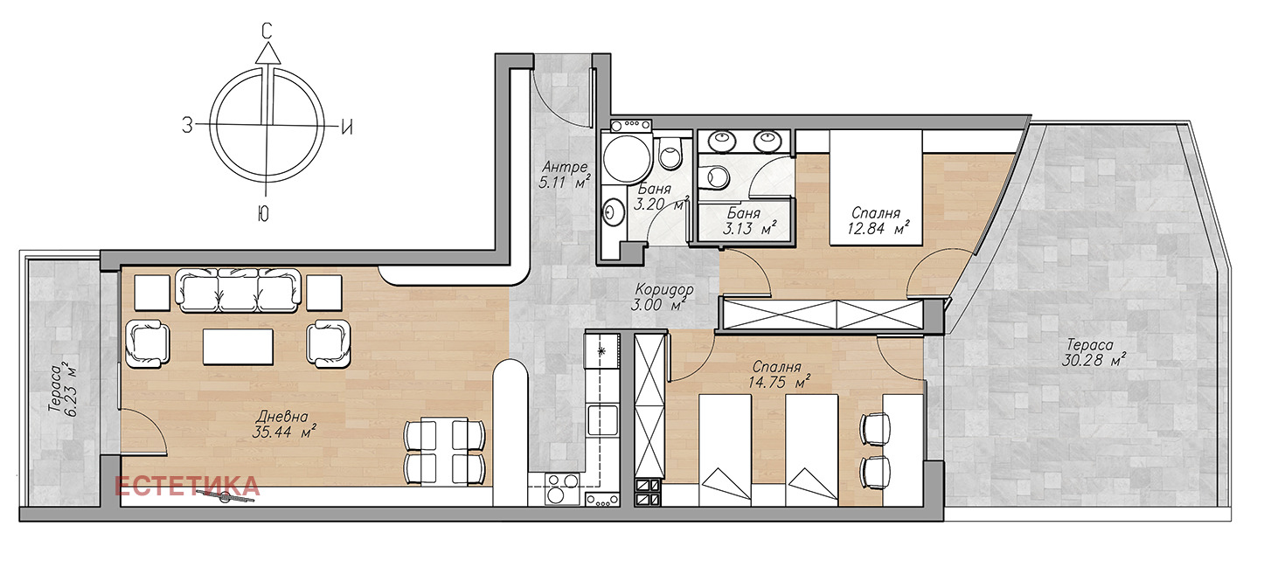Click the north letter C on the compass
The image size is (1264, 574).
[267, 31]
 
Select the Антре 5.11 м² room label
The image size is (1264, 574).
[565, 175]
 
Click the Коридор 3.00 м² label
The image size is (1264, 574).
[663, 297]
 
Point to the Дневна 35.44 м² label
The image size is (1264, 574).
[284, 425]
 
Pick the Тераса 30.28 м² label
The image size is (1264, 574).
[1091, 352]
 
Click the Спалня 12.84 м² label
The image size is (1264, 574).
[878, 220]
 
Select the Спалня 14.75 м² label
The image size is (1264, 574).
[779, 375]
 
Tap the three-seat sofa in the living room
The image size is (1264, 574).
[238, 290]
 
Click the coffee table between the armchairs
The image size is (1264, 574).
[238, 347]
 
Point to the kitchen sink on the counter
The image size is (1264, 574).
[601, 420]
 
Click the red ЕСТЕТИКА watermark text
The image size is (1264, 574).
[187, 486]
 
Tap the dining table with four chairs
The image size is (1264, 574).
[444, 451]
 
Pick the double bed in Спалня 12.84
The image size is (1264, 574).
[875, 188]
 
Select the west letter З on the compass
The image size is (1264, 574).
[187, 125]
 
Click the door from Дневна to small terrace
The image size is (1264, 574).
[143, 432]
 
